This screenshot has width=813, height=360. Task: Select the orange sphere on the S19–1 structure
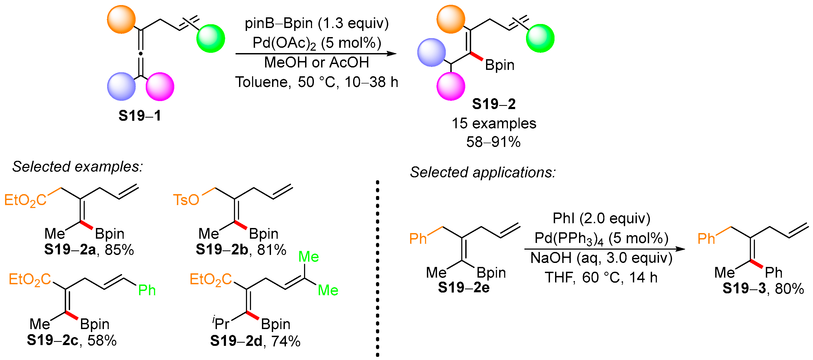click(121, 19)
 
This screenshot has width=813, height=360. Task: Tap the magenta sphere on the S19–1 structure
click(160, 86)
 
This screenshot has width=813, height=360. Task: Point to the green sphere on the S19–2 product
click(540, 38)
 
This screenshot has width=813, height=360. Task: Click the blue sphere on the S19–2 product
click(431, 53)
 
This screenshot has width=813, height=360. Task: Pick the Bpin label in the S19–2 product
click(500, 65)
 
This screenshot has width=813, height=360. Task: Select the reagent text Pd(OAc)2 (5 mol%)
click(317, 43)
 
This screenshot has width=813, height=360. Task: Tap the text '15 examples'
click(494, 123)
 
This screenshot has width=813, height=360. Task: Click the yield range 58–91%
click(493, 142)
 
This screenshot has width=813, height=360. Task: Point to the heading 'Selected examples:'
click(78, 166)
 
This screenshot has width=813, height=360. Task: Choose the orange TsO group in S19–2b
click(186, 200)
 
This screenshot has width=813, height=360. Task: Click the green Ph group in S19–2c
click(147, 290)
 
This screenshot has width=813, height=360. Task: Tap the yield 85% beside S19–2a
click(119, 250)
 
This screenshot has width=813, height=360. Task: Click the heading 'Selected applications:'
click(483, 173)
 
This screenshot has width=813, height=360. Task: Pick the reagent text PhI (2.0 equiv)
click(601, 218)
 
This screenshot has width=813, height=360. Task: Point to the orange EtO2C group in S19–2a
click(25, 200)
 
